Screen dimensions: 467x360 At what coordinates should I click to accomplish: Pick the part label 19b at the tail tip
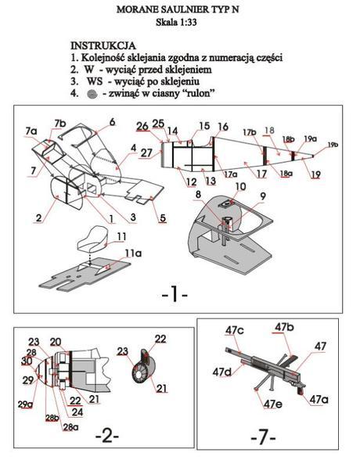(333, 145)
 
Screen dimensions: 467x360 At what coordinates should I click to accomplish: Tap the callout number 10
(240, 186)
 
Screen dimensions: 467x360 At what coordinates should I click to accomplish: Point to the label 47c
(235, 331)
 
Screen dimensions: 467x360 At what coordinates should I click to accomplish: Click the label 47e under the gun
(272, 404)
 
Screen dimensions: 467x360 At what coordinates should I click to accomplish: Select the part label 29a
(27, 403)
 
